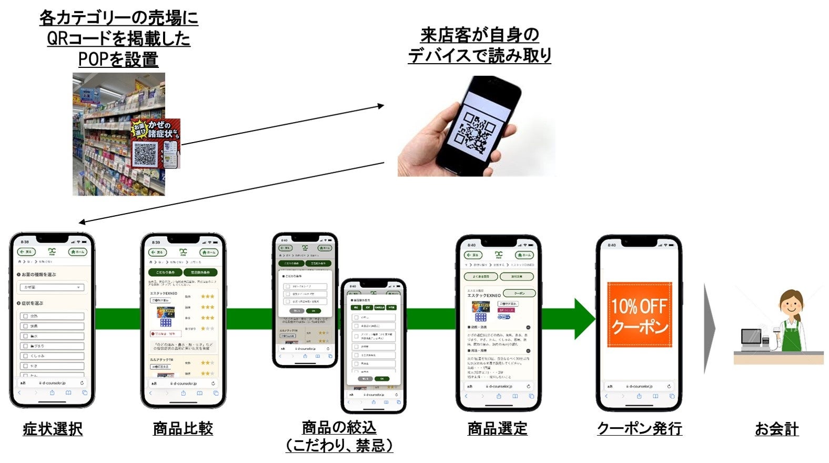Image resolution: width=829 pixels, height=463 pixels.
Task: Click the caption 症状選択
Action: [x=53, y=429]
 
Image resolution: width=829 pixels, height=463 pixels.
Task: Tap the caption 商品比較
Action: [x=183, y=429]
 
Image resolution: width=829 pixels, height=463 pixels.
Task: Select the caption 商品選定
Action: [x=497, y=429]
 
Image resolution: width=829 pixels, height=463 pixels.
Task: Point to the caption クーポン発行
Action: [x=640, y=429]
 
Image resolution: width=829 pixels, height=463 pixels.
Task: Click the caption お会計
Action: [x=776, y=429]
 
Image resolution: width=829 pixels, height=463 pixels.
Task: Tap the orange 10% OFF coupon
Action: [x=640, y=315]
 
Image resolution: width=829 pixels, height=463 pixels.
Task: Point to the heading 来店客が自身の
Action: [x=480, y=35]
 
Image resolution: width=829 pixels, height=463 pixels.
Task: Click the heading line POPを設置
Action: [x=118, y=59]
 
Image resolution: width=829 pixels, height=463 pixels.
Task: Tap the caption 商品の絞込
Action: [x=339, y=427]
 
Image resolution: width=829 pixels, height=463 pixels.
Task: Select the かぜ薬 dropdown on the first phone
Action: [x=52, y=287]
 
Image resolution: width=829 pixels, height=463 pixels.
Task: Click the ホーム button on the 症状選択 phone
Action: [x=77, y=252]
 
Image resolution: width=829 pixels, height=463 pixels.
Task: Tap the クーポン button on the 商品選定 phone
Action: [x=519, y=293]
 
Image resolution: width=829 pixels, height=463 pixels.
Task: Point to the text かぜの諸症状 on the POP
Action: [x=160, y=129]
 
